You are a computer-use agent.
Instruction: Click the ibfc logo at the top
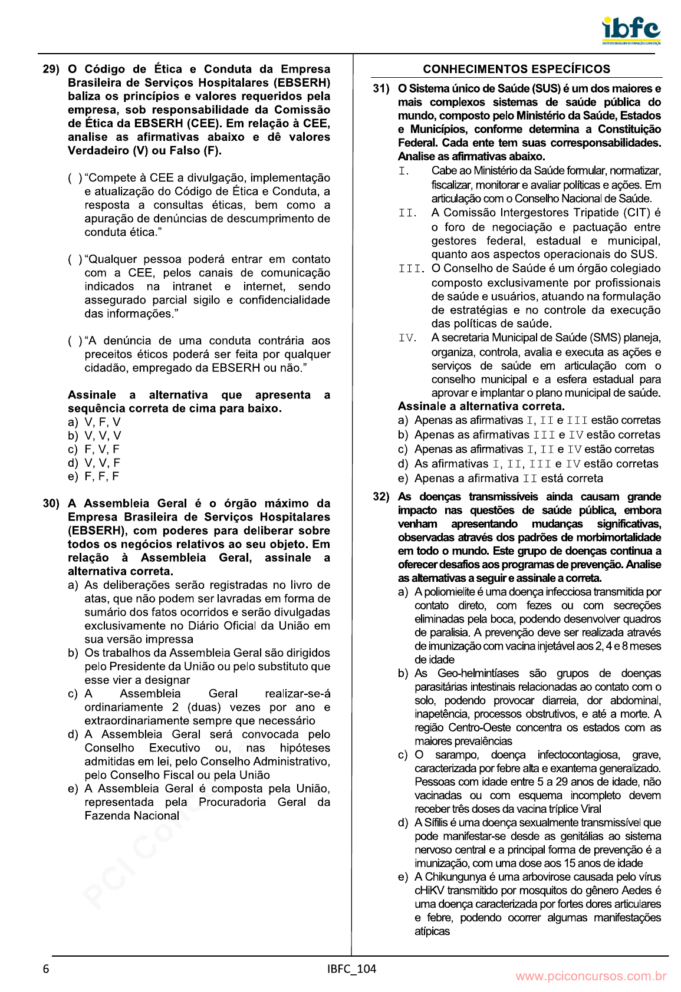630,30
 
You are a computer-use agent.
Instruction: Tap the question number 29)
51,70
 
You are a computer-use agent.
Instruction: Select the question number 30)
51,503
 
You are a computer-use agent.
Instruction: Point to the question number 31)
381,89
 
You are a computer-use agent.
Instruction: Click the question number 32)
381,497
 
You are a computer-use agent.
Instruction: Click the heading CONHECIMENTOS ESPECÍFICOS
516,69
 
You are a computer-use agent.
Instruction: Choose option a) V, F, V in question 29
94,422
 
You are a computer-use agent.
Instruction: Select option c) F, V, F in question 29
94,449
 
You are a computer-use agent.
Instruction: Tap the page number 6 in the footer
46,969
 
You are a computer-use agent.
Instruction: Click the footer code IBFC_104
351,969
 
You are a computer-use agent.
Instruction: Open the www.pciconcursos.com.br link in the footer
591,976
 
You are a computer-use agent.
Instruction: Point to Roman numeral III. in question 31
411,269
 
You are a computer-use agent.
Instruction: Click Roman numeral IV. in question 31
407,338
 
